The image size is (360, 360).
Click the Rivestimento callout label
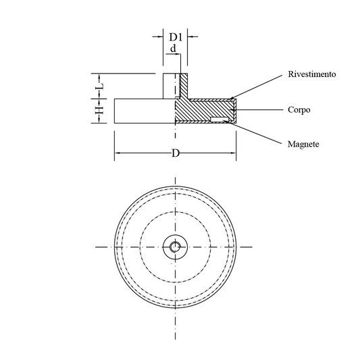click(312, 74)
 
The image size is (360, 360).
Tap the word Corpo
click(299, 109)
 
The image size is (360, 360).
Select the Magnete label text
click(303, 144)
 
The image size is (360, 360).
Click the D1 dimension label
click(176, 37)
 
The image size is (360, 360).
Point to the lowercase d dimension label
click(173, 49)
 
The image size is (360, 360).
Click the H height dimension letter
click(99, 111)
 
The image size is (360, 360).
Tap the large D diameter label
click(176, 153)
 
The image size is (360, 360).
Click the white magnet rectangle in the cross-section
click(220, 119)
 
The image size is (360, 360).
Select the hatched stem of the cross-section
click(184, 86)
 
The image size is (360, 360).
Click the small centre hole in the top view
click(175, 247)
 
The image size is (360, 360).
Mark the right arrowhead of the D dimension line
click(233, 153)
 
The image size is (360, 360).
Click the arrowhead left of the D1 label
click(161, 36)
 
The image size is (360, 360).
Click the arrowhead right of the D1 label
click(190, 36)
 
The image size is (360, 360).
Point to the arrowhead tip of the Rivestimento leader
click(230, 99)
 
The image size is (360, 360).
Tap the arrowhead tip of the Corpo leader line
click(232, 110)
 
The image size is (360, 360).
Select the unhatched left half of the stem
click(170, 86)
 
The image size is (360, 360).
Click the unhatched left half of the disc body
click(145, 111)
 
